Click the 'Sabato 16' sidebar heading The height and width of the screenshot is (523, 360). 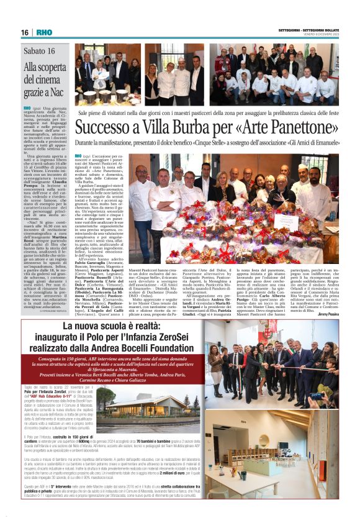39,51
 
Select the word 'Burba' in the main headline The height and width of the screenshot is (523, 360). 202,126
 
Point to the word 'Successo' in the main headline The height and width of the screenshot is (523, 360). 106,126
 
